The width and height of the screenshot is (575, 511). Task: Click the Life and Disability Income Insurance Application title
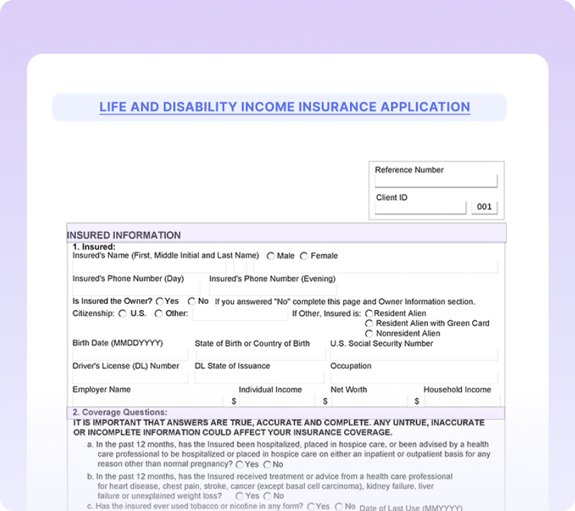click(285, 107)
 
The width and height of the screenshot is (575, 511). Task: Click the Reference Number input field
click(436, 182)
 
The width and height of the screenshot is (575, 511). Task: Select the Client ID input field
click(420, 208)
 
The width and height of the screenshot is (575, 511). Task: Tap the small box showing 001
click(484, 207)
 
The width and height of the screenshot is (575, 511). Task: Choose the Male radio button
click(271, 256)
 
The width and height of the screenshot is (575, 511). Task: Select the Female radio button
click(304, 256)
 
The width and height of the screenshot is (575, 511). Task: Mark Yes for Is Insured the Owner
click(160, 302)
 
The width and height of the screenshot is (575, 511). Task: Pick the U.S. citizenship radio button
click(122, 313)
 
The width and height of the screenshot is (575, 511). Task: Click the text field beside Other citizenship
click(240, 314)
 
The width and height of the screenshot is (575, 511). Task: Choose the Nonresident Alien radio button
click(369, 333)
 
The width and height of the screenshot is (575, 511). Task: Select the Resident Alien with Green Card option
click(369, 323)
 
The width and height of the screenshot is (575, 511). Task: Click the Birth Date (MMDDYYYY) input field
click(130, 354)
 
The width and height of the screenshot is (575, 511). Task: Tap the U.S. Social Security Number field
click(413, 354)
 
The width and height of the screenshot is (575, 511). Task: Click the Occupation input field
click(413, 377)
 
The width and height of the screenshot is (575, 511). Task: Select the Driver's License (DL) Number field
click(130, 377)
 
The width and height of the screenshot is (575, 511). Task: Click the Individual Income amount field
click(277, 401)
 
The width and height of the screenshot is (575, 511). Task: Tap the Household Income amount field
click(461, 401)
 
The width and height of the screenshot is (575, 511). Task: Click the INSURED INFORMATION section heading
click(124, 235)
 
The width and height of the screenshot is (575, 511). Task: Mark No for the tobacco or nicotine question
click(339, 506)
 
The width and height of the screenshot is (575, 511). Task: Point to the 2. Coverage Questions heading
click(120, 412)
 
